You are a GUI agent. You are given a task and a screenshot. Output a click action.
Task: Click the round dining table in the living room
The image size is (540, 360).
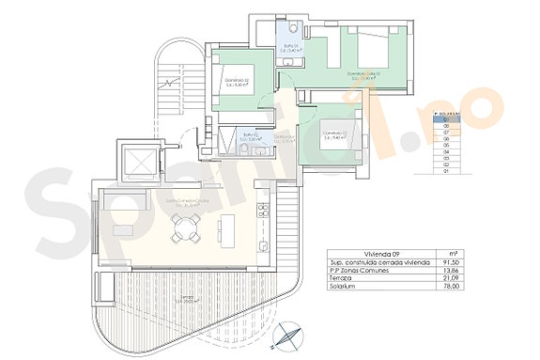coord(185,225)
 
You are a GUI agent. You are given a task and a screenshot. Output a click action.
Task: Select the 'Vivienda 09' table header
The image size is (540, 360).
coord(345,252)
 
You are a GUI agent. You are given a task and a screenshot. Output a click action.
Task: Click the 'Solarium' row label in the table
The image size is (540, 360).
coord(343,290)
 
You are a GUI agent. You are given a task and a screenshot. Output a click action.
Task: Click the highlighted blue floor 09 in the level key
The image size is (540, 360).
coord(446,119)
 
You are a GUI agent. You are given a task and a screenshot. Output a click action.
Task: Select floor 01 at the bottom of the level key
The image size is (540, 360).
coord(446,172)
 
